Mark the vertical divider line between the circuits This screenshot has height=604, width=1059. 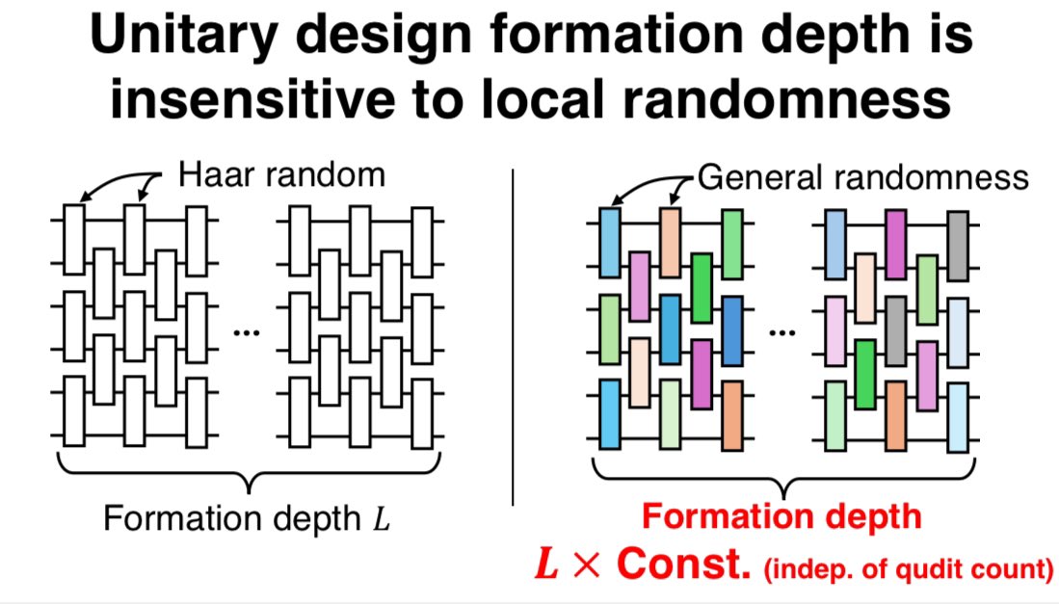point(514,337)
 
